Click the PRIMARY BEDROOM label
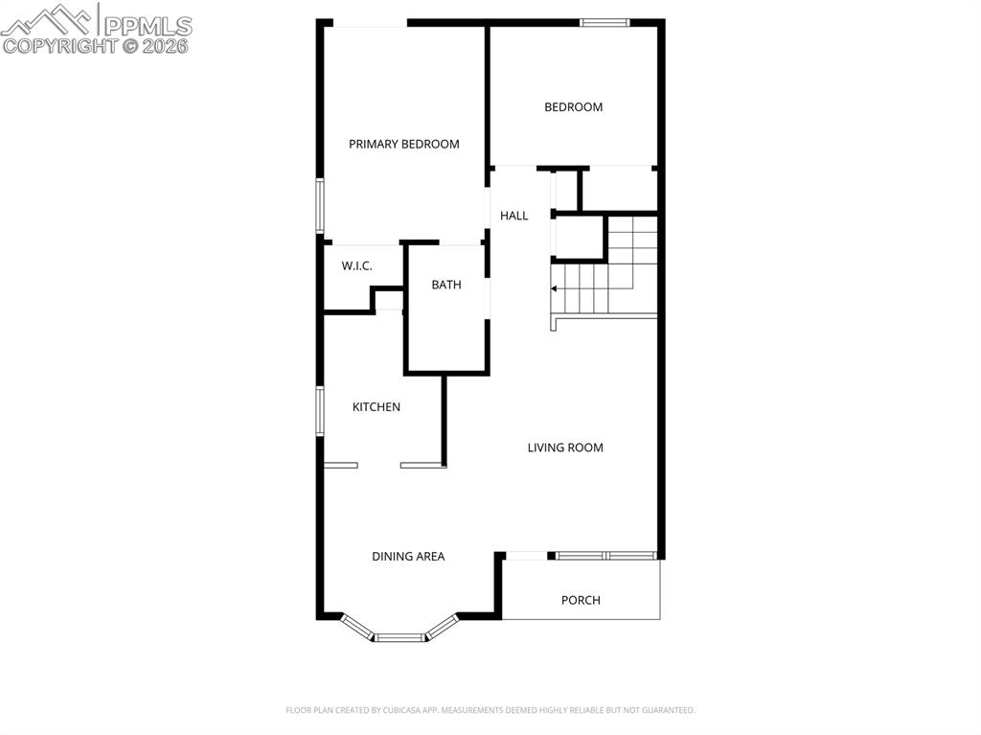coord(403,144)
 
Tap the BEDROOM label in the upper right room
coord(573,107)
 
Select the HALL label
coord(513,216)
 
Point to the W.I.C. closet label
coord(356,265)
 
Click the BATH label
coord(445,285)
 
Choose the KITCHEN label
coord(376,407)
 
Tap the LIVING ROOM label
coord(565,448)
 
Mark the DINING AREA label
coord(408,556)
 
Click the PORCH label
coord(581,600)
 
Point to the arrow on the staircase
coord(554,287)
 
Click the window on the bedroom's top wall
coord(605,22)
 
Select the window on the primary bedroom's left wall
coord(321,204)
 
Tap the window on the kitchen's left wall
coord(321,411)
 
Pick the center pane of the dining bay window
coord(399,636)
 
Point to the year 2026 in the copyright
coord(167,45)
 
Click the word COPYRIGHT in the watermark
coord(60,45)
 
